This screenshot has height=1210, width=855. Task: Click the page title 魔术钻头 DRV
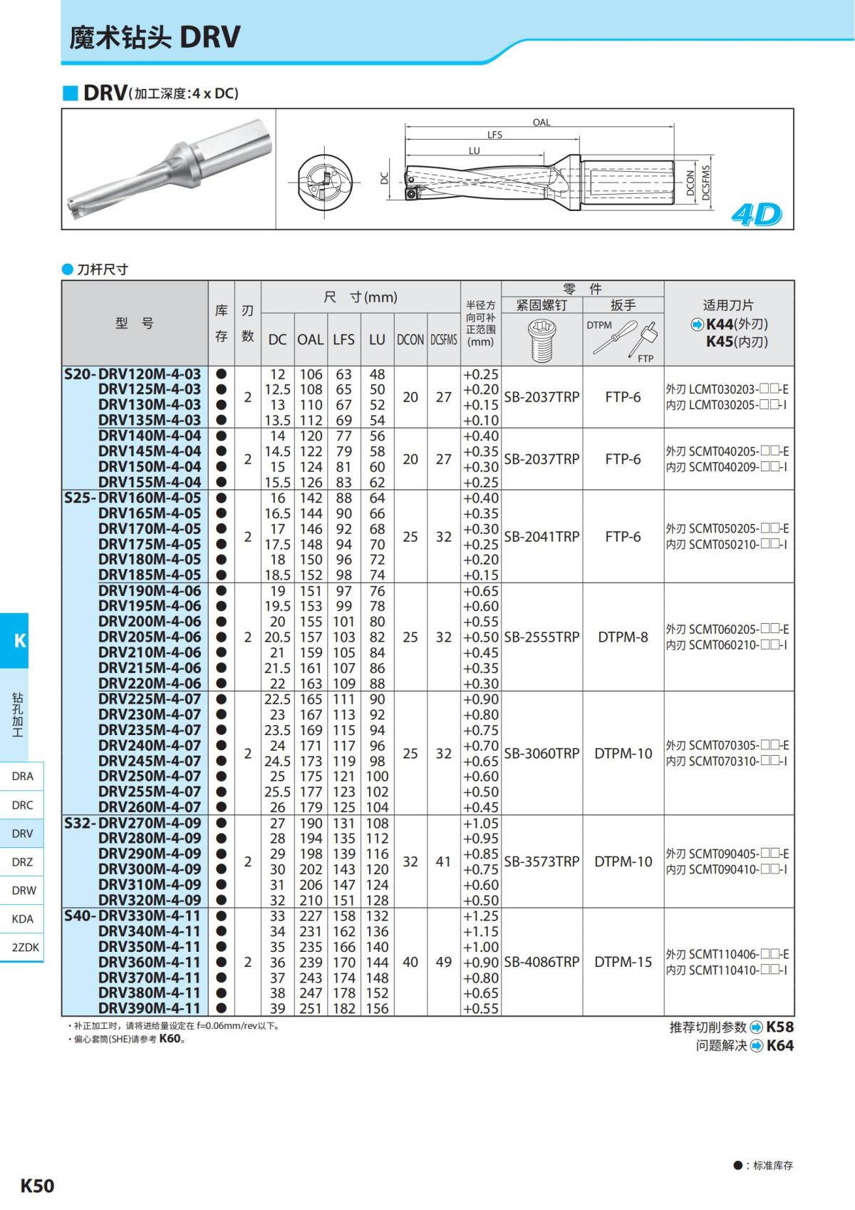155,37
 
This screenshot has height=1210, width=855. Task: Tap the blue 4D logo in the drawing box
756,215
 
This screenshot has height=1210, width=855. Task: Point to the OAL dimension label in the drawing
541,122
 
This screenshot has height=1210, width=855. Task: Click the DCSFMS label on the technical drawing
706,183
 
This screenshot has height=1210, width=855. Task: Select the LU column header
377,340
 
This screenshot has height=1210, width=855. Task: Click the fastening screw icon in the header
541,340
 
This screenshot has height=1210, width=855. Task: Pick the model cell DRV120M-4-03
150,374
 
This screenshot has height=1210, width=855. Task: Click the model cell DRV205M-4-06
150,637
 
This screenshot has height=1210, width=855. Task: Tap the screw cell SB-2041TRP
541,536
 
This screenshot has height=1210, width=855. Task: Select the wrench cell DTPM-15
623,962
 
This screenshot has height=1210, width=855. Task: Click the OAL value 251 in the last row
311,1008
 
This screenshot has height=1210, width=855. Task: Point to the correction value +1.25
481,916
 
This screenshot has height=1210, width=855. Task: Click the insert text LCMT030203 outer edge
727,390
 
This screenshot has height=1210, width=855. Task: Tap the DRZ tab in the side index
22,861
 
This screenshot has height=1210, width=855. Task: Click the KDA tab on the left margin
22,918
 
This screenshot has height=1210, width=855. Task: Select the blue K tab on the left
19,640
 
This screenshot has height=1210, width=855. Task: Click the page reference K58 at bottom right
779,1027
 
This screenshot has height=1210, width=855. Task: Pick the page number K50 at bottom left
37,1186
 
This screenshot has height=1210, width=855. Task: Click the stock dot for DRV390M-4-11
221,1008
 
